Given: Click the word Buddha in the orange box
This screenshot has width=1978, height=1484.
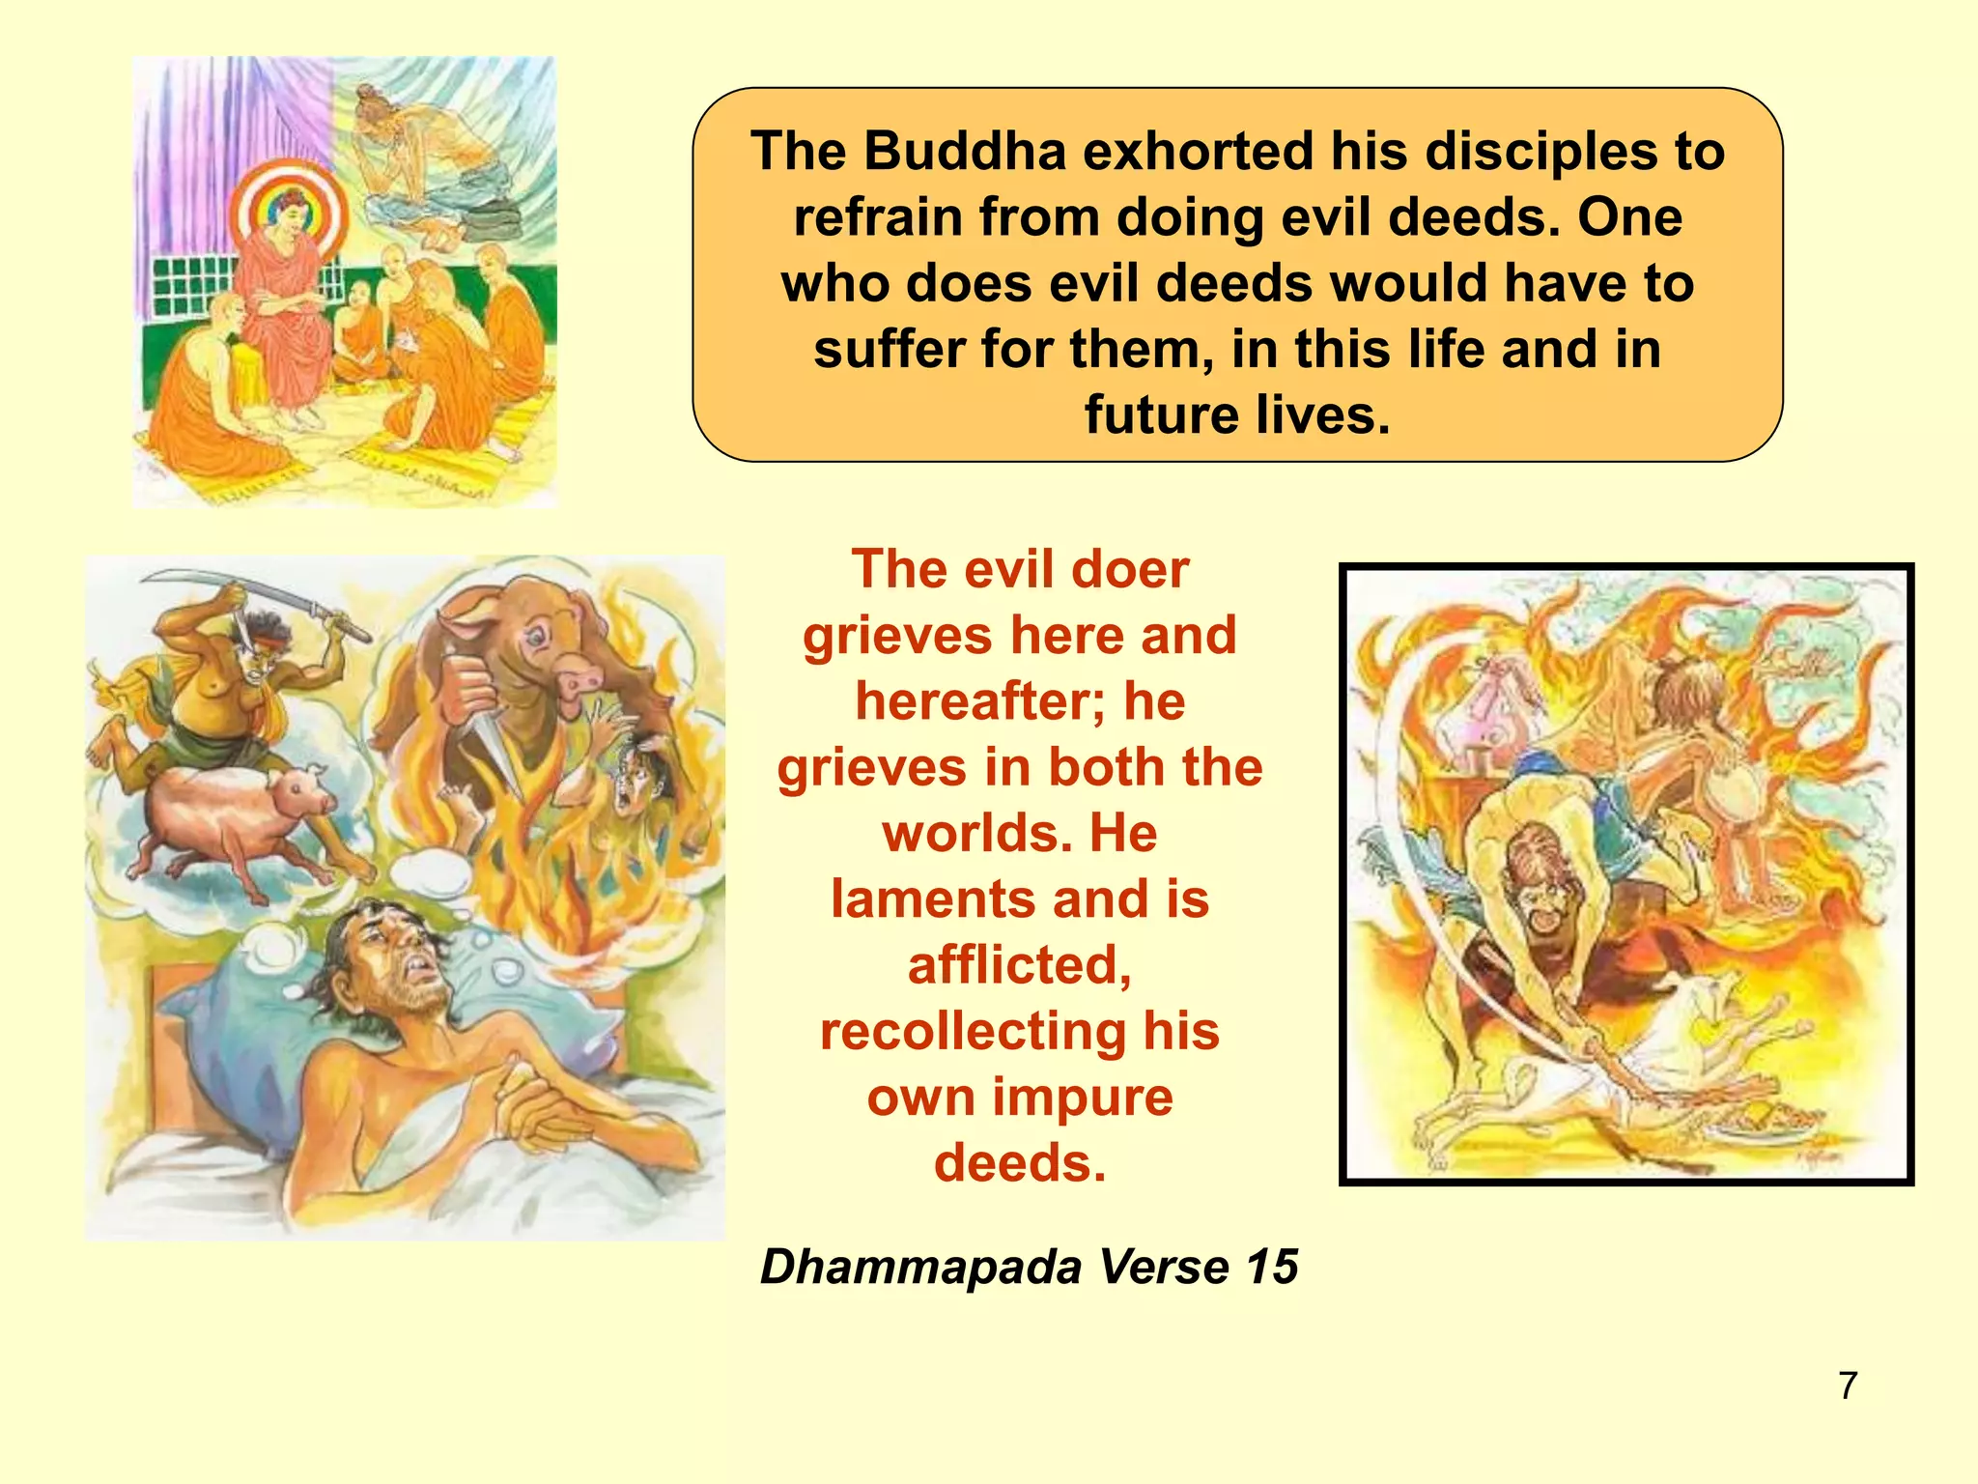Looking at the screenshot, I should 965,152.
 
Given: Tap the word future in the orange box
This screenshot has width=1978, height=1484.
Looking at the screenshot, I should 1157,415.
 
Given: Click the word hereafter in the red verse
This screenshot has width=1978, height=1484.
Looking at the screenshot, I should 977,701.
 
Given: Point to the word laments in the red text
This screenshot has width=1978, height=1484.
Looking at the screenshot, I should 928,899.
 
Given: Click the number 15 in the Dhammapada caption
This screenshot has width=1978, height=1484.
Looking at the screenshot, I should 1271,1267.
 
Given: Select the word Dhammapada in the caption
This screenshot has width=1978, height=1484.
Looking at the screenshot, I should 921,1267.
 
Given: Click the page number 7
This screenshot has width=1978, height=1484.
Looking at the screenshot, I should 1848,1385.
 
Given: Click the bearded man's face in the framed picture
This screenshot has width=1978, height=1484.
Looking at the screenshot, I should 1536,874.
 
